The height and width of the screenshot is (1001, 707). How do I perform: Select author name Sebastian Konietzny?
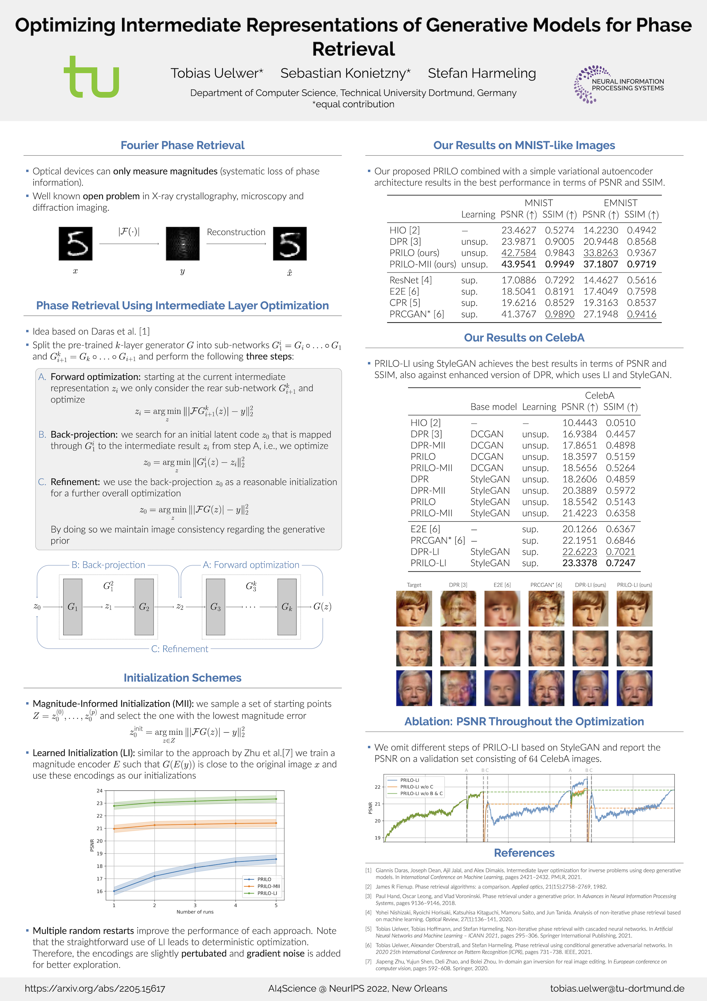[x=345, y=73]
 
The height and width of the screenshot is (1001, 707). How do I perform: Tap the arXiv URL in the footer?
[x=95, y=988]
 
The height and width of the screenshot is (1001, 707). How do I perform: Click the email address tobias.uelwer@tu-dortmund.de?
[x=617, y=988]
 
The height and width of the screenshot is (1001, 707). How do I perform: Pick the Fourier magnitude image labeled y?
[x=182, y=244]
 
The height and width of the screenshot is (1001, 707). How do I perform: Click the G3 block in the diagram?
[x=215, y=607]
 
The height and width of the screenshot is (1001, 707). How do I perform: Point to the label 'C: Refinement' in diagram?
[x=180, y=649]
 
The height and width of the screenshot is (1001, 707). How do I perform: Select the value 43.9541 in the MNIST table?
[x=518, y=264]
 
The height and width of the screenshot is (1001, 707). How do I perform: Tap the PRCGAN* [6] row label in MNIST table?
[x=417, y=314]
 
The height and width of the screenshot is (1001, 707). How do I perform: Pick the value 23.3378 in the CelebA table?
[x=579, y=563]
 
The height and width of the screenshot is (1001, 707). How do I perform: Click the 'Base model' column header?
[x=494, y=407]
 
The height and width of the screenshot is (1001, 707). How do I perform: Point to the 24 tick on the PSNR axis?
[x=100, y=791]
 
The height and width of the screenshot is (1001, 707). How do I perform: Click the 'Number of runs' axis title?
[x=195, y=912]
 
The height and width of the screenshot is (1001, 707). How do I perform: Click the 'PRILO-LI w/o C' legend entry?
[x=416, y=787]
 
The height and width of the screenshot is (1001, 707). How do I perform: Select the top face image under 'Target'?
[x=414, y=609]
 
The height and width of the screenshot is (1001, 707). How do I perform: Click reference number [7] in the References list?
[x=368, y=961]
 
